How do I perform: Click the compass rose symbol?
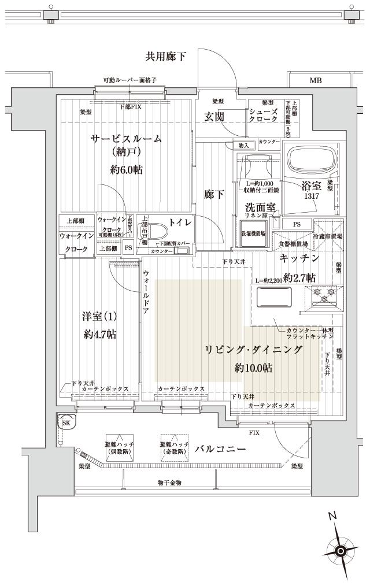(341, 551)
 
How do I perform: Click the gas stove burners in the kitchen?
(324, 296)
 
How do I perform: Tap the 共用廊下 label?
(165, 56)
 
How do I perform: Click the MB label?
(315, 81)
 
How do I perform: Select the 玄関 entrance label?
(214, 117)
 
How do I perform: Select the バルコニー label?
(221, 448)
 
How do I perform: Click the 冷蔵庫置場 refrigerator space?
(328, 228)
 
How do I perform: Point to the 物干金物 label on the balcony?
(169, 482)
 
